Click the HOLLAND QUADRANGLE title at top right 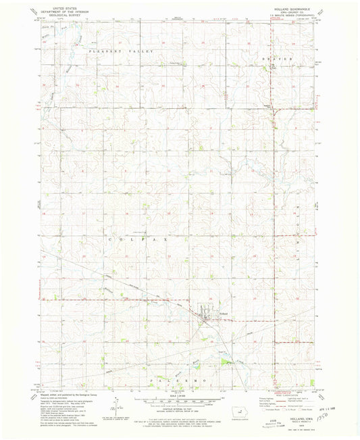[x=281, y=9]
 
